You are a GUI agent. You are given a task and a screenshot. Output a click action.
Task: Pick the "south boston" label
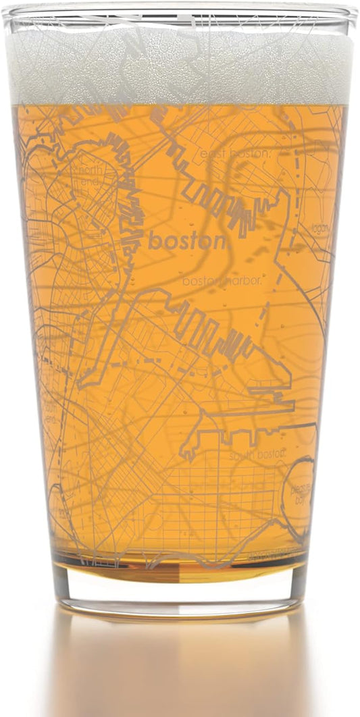257,455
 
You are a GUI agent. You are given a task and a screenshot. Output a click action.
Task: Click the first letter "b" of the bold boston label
153,240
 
